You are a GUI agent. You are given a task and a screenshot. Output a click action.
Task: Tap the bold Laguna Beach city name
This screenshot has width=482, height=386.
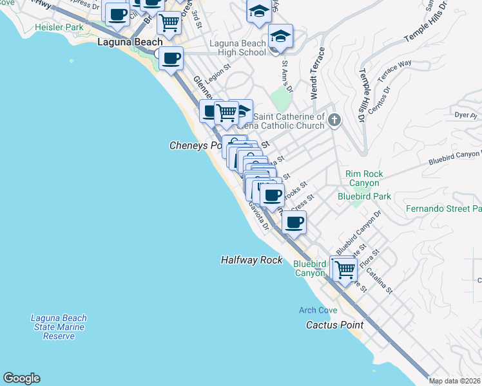click(130, 42)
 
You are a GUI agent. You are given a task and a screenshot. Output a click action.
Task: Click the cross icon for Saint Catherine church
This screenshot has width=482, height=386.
click(334, 120)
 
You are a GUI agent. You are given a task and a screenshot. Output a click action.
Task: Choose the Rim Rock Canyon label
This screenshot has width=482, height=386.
click(363, 178)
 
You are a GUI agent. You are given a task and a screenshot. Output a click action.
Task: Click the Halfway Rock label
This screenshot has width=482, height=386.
click(251, 260)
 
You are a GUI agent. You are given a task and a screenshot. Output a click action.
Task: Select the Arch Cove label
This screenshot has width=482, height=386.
click(318, 310)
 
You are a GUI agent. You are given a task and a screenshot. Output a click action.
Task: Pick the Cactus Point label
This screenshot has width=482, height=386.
click(334, 325)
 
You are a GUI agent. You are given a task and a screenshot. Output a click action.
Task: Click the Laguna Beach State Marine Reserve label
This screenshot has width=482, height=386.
click(59, 327)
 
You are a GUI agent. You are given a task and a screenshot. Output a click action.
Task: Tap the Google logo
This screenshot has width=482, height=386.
click(21, 378)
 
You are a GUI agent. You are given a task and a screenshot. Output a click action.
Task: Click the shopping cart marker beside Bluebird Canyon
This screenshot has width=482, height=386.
click(343, 268)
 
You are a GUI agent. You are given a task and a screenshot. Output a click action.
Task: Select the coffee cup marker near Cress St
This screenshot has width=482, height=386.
click(294, 223)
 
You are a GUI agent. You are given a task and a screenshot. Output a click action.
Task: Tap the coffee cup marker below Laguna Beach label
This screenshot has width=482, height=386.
click(171, 59)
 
